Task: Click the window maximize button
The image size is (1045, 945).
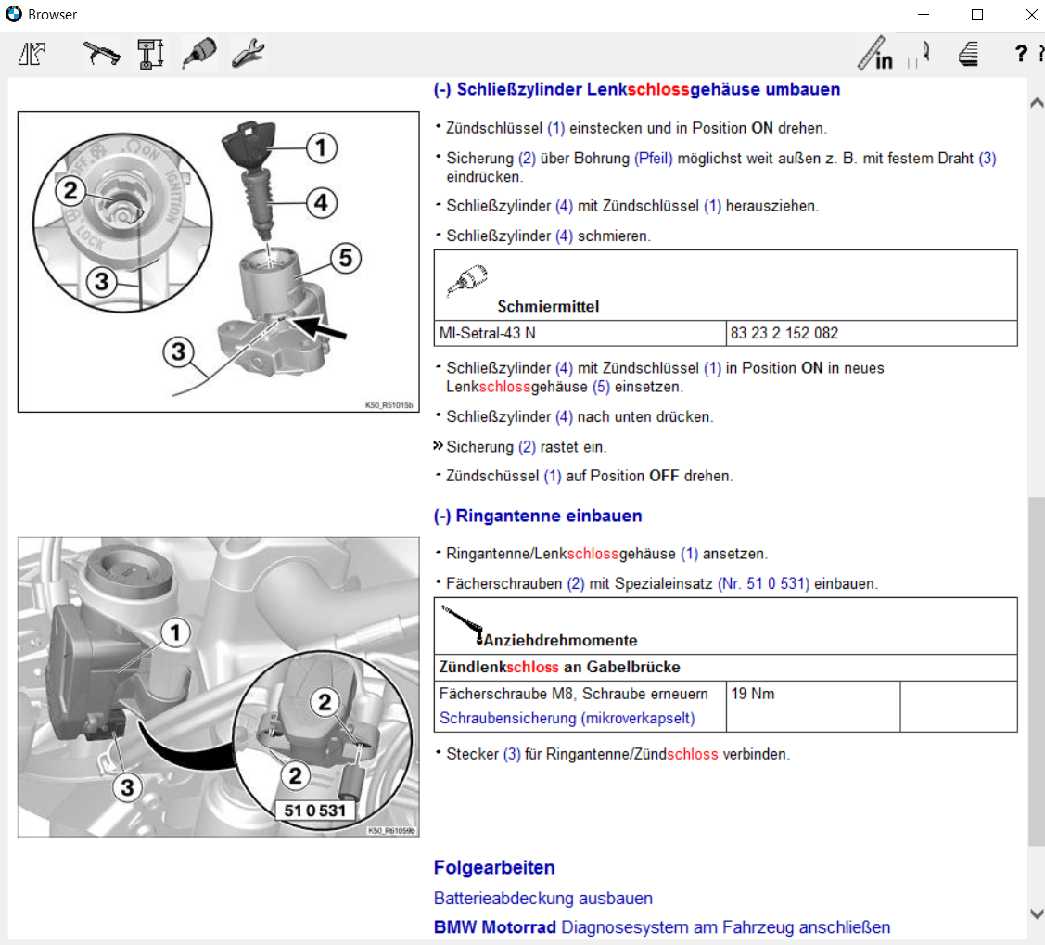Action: (x=977, y=15)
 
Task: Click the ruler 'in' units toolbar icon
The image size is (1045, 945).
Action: (x=875, y=54)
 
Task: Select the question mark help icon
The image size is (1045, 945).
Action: (x=1021, y=54)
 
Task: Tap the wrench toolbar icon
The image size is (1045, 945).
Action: (x=248, y=54)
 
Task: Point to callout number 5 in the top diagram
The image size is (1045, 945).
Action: (x=345, y=259)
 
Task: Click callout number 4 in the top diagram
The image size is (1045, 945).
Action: (x=320, y=202)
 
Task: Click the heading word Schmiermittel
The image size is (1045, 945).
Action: (x=548, y=306)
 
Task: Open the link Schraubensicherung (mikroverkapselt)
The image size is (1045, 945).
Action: (x=567, y=718)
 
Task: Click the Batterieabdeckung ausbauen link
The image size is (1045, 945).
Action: (x=542, y=898)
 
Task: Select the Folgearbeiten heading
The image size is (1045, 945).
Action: (x=494, y=868)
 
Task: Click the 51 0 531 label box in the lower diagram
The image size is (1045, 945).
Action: (x=314, y=810)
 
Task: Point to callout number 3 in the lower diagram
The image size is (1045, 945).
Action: (x=127, y=787)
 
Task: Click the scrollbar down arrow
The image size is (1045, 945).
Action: (x=1037, y=913)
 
